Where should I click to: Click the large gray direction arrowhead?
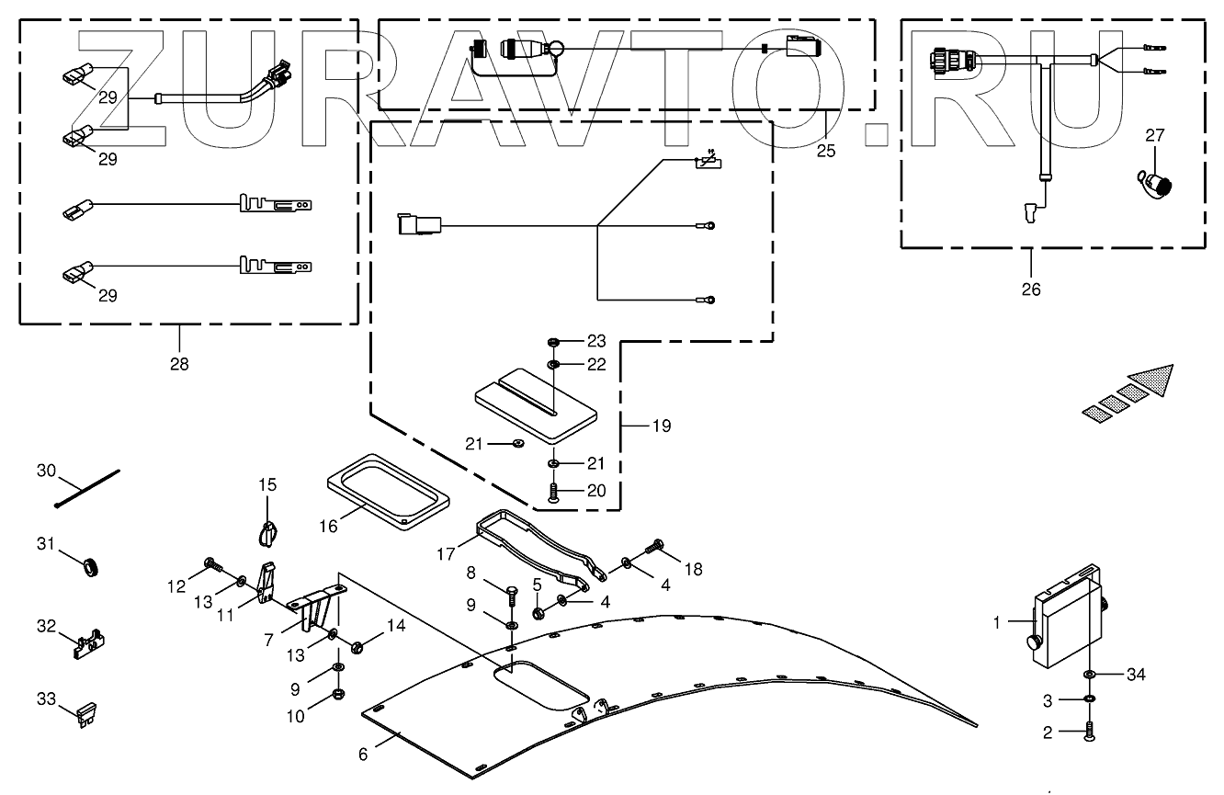(1152, 379)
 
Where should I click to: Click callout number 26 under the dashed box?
(1032, 289)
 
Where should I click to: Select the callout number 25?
(826, 151)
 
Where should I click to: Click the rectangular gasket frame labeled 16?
(388, 493)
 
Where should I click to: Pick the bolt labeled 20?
(553, 493)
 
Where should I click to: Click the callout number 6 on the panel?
(363, 755)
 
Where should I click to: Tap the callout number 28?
(178, 364)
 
